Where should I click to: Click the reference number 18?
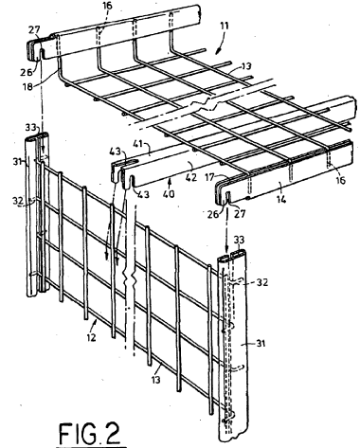point(27,85)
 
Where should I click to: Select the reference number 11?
point(225,26)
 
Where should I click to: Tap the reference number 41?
point(145,146)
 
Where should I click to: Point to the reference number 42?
point(191,177)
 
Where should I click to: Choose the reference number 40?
point(169,193)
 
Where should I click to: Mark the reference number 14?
point(281,199)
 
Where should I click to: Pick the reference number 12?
point(91,337)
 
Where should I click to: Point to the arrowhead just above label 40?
point(170,182)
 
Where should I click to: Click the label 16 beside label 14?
point(340,180)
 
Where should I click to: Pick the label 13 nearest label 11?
point(245,66)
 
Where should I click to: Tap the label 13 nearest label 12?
point(155,379)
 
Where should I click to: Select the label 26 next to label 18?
point(27,72)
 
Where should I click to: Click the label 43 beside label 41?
point(115,152)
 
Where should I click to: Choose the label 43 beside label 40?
point(143,194)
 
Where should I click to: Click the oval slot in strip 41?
point(133,163)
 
